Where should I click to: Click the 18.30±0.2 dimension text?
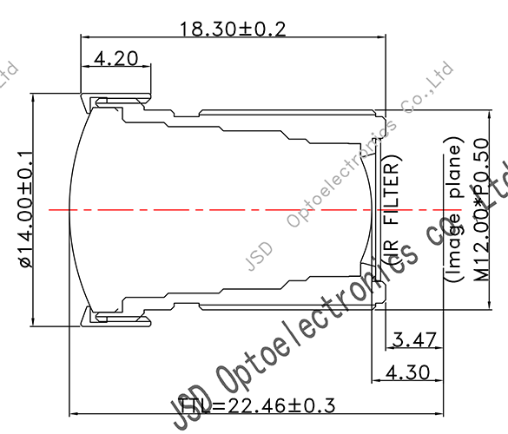tap(232, 29)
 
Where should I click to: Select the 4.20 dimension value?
tap(114, 59)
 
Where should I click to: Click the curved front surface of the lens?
tap(73, 209)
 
